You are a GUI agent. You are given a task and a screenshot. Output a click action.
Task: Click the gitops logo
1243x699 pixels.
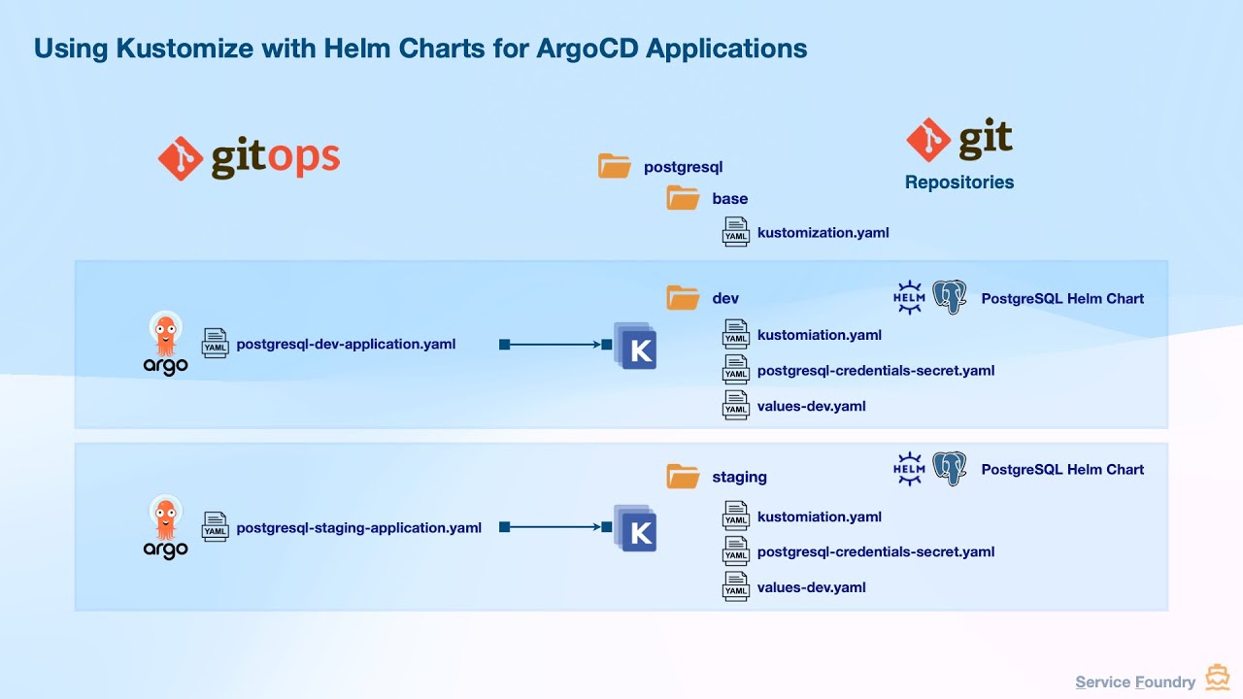tap(249, 158)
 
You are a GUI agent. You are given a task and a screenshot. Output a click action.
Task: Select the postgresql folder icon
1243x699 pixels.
tap(615, 166)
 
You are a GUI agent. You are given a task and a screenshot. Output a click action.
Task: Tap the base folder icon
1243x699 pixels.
tap(683, 198)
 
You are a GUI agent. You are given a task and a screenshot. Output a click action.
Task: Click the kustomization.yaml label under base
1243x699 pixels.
tap(823, 232)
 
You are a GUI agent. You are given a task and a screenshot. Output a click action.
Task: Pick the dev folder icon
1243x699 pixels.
tap(683, 297)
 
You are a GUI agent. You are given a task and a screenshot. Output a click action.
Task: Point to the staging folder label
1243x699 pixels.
tap(739, 477)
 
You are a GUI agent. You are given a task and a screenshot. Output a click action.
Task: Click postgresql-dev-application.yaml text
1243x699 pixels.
tap(346, 344)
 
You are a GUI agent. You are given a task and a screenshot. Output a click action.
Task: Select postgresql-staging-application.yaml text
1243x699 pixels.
tap(358, 527)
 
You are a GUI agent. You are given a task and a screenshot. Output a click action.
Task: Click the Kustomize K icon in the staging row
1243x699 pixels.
tap(636, 530)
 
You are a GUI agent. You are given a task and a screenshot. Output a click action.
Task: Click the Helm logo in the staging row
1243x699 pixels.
tap(909, 469)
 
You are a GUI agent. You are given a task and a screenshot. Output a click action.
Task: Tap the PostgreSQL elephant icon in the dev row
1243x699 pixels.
tap(950, 297)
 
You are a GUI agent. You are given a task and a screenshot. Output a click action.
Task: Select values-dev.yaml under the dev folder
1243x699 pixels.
tap(811, 406)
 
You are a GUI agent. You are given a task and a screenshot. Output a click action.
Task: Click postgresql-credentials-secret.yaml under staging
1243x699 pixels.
tap(875, 551)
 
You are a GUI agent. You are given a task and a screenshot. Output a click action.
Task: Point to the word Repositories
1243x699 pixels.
tap(958, 183)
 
